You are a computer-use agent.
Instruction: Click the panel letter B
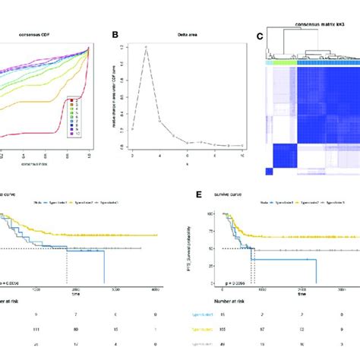(114, 35)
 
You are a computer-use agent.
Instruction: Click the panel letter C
(260, 35)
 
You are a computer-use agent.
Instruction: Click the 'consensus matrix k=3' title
(313, 24)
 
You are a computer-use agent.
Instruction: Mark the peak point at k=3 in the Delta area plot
(145, 47)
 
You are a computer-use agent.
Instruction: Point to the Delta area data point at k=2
(133, 128)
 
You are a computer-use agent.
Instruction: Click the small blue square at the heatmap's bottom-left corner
(268, 172)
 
